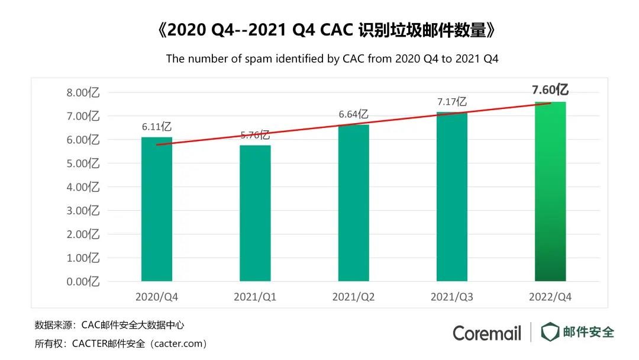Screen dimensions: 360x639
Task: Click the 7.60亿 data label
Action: [x=550, y=90]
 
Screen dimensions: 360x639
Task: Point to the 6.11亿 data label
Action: [x=157, y=127]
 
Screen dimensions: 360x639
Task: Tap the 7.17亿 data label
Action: [x=452, y=102]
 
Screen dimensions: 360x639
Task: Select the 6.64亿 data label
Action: [x=354, y=114]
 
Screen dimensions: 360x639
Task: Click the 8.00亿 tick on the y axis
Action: [x=82, y=93]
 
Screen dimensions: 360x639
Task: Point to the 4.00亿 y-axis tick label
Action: [x=82, y=187]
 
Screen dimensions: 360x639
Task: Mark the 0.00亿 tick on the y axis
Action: [x=82, y=281]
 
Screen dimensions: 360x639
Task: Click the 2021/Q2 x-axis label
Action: [x=354, y=296]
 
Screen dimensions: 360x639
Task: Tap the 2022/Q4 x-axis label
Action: [x=550, y=296]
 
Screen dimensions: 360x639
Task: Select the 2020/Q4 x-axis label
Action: [x=157, y=296]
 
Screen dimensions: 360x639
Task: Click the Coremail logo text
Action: [x=487, y=333]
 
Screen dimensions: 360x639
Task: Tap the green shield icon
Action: [x=550, y=332]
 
